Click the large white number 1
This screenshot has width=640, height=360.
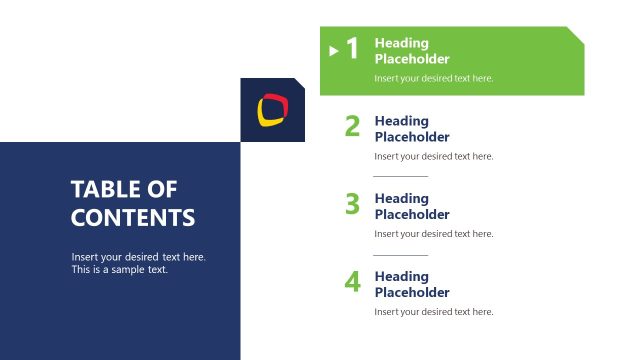[x=352, y=49]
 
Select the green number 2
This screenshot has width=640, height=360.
[x=352, y=126]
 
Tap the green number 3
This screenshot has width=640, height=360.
[x=352, y=204]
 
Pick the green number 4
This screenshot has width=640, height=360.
[x=352, y=282]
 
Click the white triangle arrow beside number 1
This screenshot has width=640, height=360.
[x=334, y=50]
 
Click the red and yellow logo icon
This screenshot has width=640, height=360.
[x=272, y=109]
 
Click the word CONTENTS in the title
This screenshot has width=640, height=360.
[x=133, y=218]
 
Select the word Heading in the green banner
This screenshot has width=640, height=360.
[x=401, y=43]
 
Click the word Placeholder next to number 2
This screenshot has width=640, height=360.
[x=412, y=137]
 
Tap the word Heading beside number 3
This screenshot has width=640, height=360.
[x=401, y=198]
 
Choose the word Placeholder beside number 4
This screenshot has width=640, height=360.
[x=412, y=293]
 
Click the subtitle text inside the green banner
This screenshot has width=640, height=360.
[x=434, y=78]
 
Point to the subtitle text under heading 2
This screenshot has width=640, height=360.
[x=434, y=156]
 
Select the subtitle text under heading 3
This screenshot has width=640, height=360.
[x=434, y=234]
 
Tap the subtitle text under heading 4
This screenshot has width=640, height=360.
[x=434, y=312]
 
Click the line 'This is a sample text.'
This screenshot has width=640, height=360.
[x=120, y=270]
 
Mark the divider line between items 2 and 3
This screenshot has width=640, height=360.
[x=400, y=176]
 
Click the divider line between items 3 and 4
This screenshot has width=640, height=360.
[x=400, y=254]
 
